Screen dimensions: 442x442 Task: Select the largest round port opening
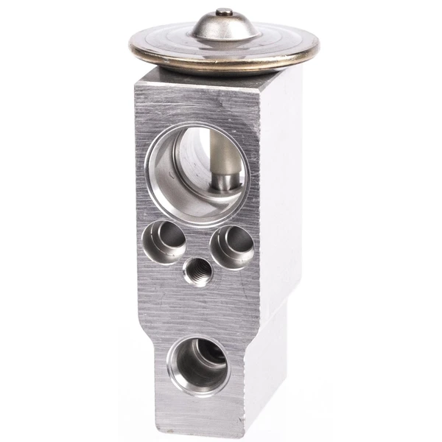[197, 173]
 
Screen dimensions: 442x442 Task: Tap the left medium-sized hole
[164, 242]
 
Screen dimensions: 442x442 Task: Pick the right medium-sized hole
[232, 246]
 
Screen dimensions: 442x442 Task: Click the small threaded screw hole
[197, 271]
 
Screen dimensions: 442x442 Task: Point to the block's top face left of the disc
[151, 75]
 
